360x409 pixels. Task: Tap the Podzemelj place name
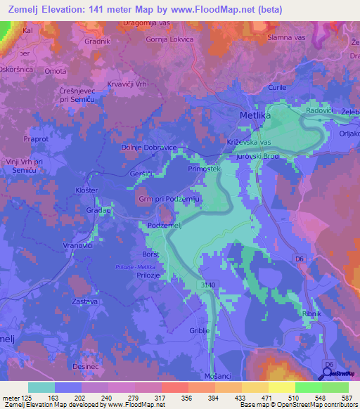pyautogui.click(x=165, y=224)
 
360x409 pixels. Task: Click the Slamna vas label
pyautogui.click(x=286, y=37)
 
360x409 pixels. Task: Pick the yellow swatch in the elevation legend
pyautogui.click(x=281, y=387)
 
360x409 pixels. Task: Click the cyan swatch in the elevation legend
pyautogui.click(x=41, y=387)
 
